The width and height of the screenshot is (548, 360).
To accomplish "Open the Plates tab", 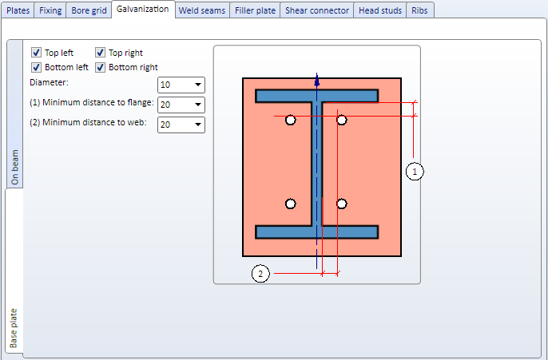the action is [x=18, y=10].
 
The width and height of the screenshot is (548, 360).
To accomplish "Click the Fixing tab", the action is [x=50, y=10].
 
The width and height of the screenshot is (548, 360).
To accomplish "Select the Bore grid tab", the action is [x=89, y=10].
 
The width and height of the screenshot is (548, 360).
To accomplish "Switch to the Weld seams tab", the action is [x=202, y=10].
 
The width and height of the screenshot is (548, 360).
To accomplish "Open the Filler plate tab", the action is [x=255, y=10].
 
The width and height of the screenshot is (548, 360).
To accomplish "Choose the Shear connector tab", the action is [x=317, y=10].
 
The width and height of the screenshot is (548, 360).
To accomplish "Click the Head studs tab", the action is [x=380, y=10].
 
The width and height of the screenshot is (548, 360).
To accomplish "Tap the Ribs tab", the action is [x=419, y=10].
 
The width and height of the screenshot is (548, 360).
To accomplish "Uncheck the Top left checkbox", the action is [x=37, y=53].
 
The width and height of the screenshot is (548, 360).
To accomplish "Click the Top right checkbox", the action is [x=101, y=53].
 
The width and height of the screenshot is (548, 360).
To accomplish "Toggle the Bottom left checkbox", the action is [x=37, y=67].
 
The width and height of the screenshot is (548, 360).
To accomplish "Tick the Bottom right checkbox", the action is [x=101, y=67].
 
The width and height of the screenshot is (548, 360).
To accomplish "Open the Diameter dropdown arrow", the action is [x=198, y=85].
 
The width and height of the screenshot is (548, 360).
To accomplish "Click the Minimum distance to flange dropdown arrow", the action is [x=198, y=105].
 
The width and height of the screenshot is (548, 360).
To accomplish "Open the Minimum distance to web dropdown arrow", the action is [x=198, y=125].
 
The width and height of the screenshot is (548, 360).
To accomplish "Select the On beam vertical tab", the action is [x=14, y=167].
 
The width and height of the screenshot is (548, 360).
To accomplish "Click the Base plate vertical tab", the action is [x=14, y=327].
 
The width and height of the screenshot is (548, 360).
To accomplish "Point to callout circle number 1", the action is [x=415, y=172].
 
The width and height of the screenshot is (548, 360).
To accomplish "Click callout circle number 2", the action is [x=260, y=274].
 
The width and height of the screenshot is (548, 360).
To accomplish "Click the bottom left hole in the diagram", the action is [x=291, y=204].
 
